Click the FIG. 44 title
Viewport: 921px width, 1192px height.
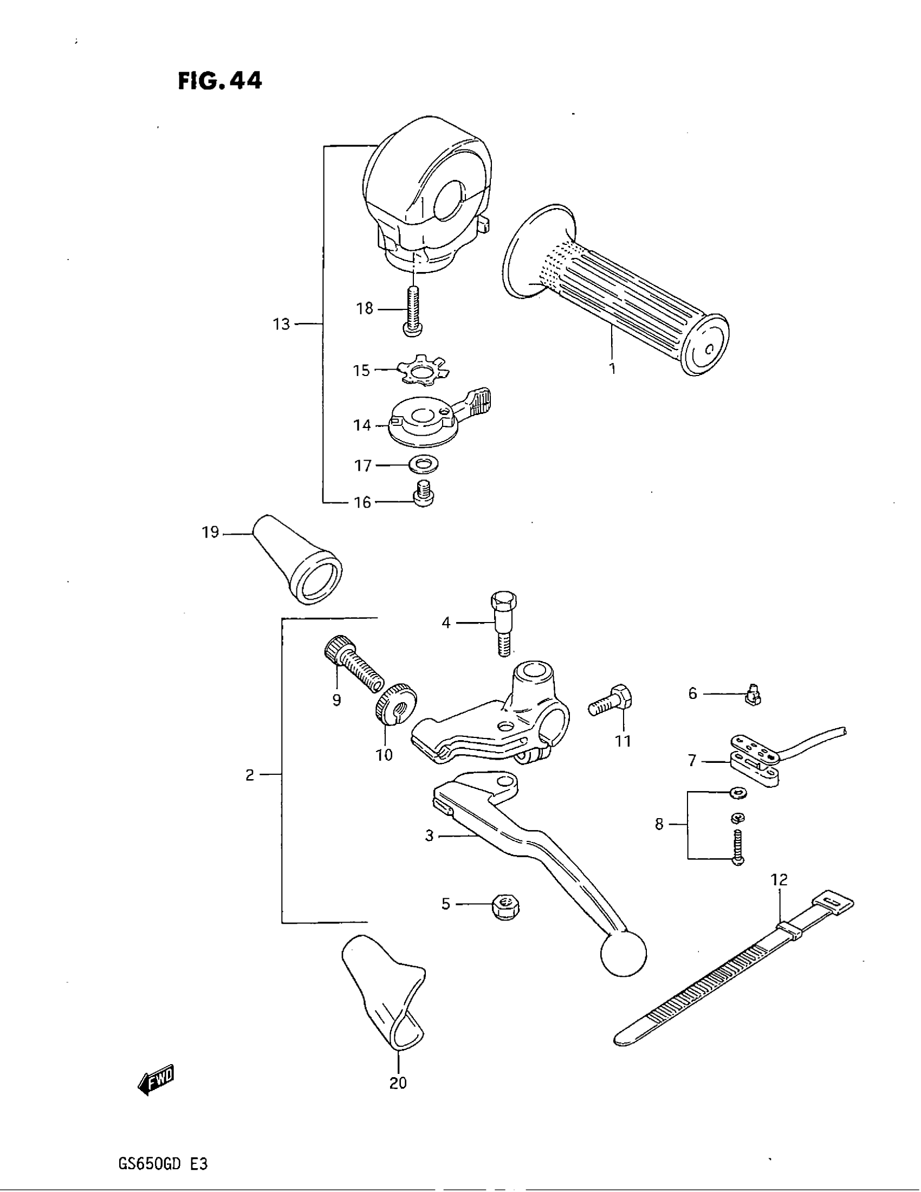(x=220, y=81)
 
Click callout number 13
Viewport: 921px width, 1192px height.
(x=282, y=325)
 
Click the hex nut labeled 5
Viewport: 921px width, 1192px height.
(x=506, y=906)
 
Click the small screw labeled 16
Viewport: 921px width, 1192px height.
(x=424, y=495)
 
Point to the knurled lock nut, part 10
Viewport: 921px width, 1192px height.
(x=396, y=704)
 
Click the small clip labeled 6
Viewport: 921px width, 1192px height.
(x=754, y=694)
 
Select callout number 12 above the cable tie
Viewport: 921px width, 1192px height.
(x=780, y=879)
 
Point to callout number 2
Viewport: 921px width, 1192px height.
(x=250, y=775)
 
